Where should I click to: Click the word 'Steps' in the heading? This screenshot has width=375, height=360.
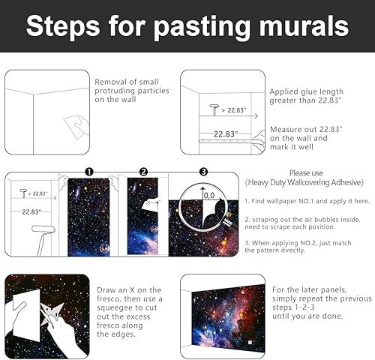point(64,26)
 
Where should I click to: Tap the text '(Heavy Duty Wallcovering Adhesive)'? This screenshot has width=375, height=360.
point(304,182)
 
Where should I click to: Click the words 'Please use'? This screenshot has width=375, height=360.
point(304,172)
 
